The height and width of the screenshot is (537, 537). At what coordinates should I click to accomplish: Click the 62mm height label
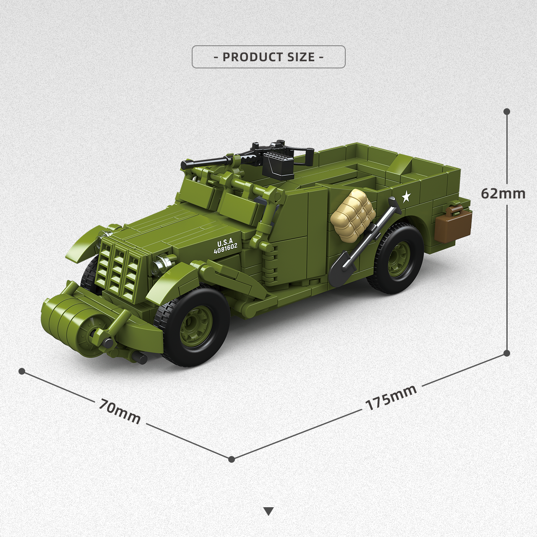tap(503, 193)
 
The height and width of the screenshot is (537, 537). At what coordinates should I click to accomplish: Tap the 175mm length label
tap(391, 397)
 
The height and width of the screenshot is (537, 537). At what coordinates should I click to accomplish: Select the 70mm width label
tap(120, 411)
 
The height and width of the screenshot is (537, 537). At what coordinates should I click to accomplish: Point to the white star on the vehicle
tap(406, 196)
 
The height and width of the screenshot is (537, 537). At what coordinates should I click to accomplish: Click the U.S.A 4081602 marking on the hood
tap(225, 246)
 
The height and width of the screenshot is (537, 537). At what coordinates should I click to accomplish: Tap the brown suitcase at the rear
tap(453, 224)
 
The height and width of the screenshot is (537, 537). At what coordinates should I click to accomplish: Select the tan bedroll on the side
tap(352, 215)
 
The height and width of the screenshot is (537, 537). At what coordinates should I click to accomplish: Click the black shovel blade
tap(342, 269)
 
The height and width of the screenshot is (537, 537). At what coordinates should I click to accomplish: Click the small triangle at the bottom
tap(269, 511)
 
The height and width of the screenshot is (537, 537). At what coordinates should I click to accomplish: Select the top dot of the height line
tap(507, 112)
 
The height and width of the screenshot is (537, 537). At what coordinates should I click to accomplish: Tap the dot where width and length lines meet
tap(232, 459)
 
